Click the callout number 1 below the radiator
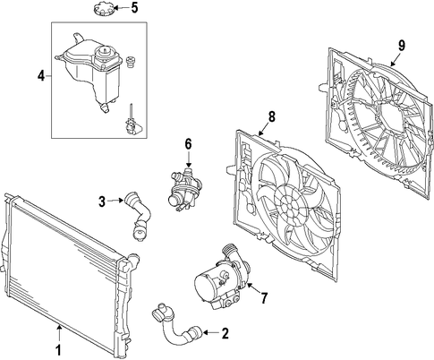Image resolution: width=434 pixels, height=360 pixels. click(x=59, y=349)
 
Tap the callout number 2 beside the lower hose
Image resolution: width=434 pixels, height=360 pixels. click(x=226, y=333)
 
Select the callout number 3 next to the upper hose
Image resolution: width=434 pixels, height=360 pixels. click(x=102, y=201)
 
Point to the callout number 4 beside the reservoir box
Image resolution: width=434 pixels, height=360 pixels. click(x=41, y=76)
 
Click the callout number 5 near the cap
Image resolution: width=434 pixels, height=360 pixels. click(x=135, y=8)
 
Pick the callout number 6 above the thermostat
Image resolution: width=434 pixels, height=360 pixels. click(x=188, y=144)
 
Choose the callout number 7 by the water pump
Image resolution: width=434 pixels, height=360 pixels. click(x=264, y=297)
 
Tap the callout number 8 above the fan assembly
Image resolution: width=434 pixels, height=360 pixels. click(x=272, y=116)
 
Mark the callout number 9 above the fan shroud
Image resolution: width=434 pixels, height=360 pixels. click(x=402, y=46)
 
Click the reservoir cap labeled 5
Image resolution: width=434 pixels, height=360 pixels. click(x=103, y=9)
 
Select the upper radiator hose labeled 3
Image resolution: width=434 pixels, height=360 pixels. click(x=138, y=216)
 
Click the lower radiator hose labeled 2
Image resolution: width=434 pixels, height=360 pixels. click(x=176, y=325)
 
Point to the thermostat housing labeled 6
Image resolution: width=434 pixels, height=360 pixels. click(x=184, y=190)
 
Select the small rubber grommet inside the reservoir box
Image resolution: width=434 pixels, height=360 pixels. click(x=130, y=61)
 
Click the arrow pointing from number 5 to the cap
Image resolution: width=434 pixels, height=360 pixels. click(x=122, y=8)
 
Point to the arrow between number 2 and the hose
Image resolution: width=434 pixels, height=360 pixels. click(x=211, y=332)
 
